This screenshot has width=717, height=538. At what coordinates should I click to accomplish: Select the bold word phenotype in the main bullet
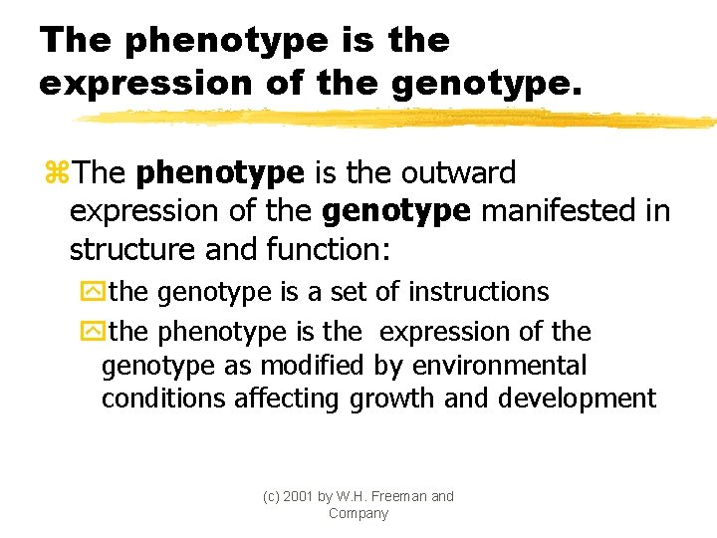pos(220,173)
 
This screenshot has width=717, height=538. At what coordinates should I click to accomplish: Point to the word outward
pos(459,173)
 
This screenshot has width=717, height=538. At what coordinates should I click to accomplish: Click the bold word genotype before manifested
pos(396,212)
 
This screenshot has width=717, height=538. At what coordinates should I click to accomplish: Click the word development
pos(578,400)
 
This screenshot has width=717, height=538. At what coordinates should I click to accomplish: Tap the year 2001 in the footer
pos(298,496)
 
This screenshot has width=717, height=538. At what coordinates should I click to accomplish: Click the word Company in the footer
pos(358,513)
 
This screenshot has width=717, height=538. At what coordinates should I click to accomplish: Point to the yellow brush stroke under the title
pos(398,119)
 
